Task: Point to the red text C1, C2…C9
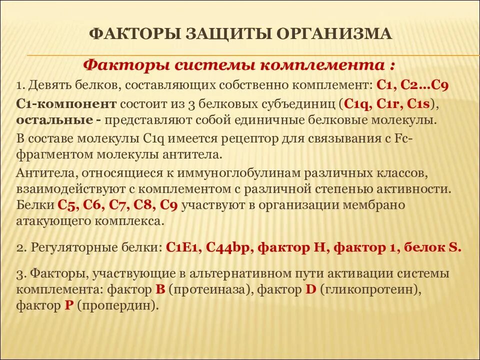coord(412,85)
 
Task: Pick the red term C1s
coord(420,104)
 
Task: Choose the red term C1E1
coord(182,247)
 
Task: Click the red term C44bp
coord(227,247)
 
